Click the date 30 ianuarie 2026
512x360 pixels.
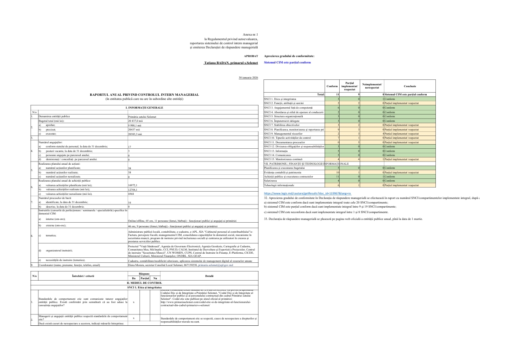pos(248,78)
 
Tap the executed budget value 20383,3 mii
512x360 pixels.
pos(137,134)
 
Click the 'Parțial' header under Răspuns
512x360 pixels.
pos(145,278)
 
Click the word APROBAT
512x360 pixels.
pos(251,56)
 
